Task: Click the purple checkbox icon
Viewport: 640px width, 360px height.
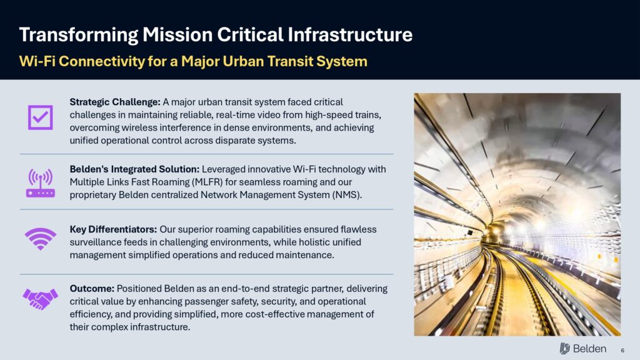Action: point(41,117)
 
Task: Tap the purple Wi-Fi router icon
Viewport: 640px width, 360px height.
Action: point(41,183)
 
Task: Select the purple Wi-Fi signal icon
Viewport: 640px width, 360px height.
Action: point(41,238)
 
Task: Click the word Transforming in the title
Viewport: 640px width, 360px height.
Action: point(79,35)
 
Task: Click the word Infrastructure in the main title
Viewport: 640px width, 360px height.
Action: point(350,34)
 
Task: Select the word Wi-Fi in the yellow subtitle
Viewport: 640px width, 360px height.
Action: point(37,61)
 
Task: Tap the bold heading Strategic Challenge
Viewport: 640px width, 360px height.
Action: point(115,102)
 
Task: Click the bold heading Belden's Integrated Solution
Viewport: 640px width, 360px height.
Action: point(134,169)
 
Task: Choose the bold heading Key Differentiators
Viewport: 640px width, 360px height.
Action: point(113,229)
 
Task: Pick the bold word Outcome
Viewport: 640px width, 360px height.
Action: point(92,289)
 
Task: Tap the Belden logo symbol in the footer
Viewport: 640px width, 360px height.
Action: point(565,348)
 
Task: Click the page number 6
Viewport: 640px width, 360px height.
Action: point(622,350)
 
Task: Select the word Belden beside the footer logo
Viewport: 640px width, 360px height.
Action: point(589,349)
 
